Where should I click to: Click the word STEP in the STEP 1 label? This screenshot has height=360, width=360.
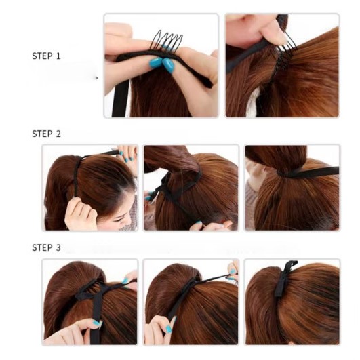[42, 56]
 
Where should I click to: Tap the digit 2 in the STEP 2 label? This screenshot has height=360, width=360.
[58, 134]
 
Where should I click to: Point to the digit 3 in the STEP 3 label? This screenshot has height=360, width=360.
[58, 247]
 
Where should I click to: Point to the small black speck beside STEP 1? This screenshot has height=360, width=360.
[97, 78]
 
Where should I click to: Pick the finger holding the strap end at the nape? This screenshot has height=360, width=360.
[197, 226]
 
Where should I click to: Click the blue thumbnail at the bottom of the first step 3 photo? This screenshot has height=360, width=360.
[97, 323]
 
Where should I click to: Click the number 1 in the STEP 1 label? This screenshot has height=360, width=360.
[58, 56]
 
